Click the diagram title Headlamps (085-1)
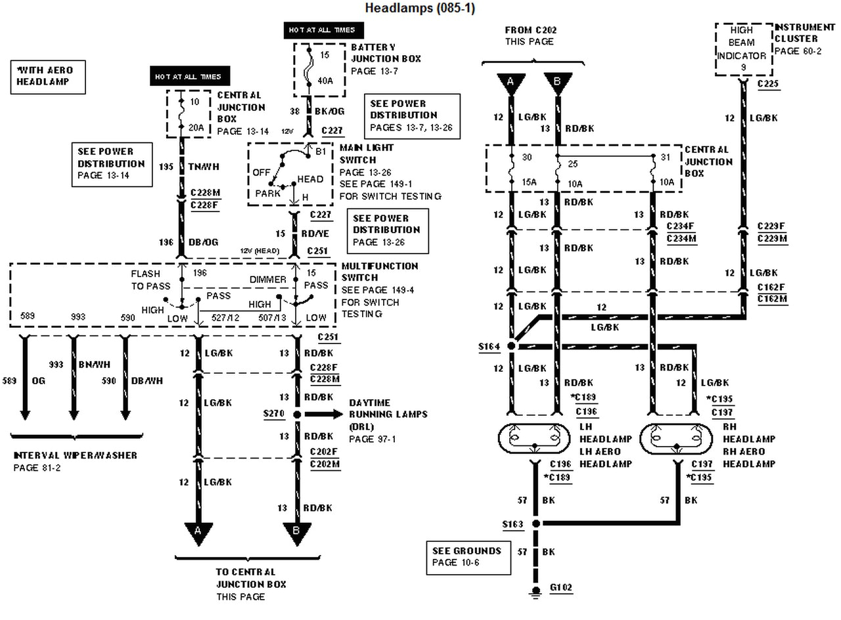420,8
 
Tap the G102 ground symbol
536,592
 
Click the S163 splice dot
536,523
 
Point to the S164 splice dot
511,345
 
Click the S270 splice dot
297,414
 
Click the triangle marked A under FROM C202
510,83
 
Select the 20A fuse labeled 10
181,115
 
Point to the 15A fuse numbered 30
511,169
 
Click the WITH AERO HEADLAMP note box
48,76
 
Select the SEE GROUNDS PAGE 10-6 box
467,556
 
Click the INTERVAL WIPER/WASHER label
76,455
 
